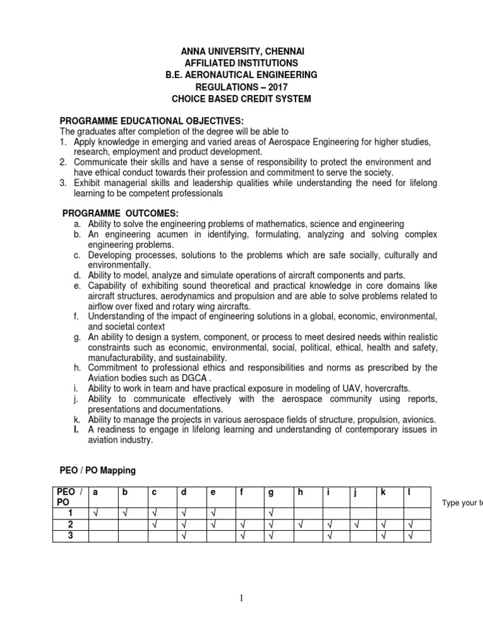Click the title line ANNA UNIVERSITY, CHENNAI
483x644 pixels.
pyautogui.click(x=241, y=51)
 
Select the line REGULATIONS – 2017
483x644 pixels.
pyautogui.click(x=241, y=87)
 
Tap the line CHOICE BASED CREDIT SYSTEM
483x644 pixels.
pyautogui.click(x=241, y=99)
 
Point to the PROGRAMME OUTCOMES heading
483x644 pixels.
pyautogui.click(x=121, y=214)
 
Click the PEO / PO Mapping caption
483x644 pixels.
pyautogui.click(x=97, y=470)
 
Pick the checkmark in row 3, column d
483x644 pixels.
pyautogui.click(x=183, y=536)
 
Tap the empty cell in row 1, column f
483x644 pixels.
pyautogui.click(x=248, y=513)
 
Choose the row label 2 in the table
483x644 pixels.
pyautogui.click(x=71, y=525)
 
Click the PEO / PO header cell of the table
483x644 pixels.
pyautogui.click(x=70, y=497)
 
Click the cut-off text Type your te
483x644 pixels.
pyautogui.click(x=462, y=504)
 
